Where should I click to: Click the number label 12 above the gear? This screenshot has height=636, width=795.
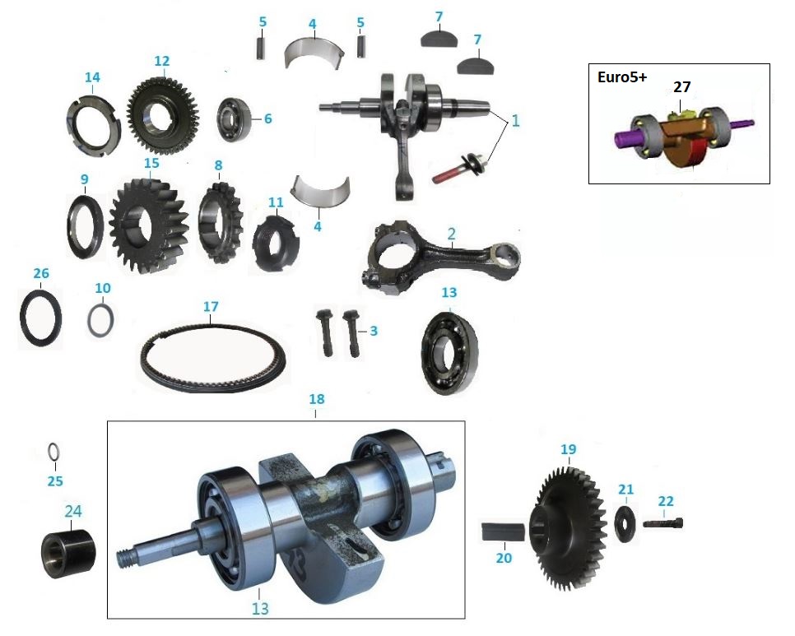tap(161, 60)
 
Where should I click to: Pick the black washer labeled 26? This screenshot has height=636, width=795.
tap(40, 317)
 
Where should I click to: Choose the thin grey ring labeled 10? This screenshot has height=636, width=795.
tap(101, 320)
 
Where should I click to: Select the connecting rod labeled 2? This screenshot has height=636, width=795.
tap(440, 255)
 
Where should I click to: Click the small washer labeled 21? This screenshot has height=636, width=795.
tap(625, 523)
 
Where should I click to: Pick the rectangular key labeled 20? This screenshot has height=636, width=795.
tap(502, 531)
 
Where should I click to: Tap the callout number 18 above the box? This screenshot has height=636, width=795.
tap(316, 399)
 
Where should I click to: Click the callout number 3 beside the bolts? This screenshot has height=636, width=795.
tap(373, 331)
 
